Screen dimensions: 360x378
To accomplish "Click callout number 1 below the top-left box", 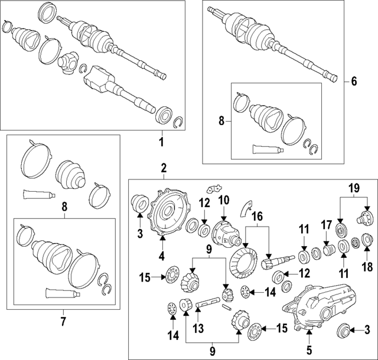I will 161,142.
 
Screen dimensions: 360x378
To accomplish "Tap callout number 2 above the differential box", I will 164,169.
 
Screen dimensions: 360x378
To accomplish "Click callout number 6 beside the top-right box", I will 354,81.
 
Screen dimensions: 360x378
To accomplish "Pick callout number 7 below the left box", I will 63,322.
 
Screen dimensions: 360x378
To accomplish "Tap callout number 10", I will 223,199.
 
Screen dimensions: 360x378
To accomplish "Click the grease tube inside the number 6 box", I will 264,149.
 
